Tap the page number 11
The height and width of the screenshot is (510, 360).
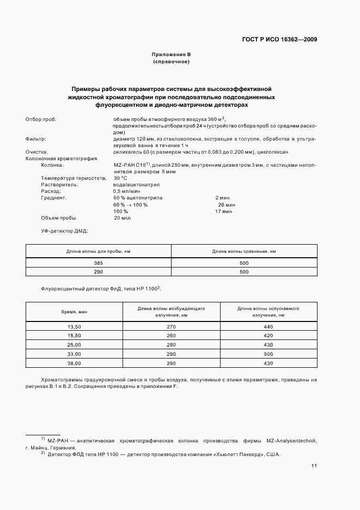(x=314, y=466)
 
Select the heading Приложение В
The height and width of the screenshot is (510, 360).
(x=171, y=54)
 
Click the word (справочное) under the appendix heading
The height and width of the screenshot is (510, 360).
(x=171, y=62)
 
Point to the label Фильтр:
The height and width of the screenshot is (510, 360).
(x=36, y=139)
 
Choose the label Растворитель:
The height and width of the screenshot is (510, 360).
(x=60, y=185)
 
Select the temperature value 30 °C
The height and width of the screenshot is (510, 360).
(x=120, y=178)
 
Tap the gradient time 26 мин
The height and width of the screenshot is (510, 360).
(x=225, y=204)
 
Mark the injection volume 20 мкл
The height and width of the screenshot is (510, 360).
(x=123, y=217)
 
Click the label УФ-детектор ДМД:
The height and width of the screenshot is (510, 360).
(x=64, y=230)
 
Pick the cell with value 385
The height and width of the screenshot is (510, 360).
(x=99, y=263)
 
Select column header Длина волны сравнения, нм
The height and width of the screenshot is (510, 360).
(x=244, y=251)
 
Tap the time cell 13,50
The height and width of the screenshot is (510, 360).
(x=74, y=326)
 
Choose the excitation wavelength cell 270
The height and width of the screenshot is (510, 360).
(x=171, y=326)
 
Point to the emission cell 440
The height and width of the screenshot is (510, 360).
(x=268, y=326)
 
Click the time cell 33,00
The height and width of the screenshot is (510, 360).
(x=74, y=354)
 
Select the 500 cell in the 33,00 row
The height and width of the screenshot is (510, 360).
(x=268, y=354)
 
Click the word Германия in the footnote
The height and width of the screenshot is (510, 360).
(x=62, y=447)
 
